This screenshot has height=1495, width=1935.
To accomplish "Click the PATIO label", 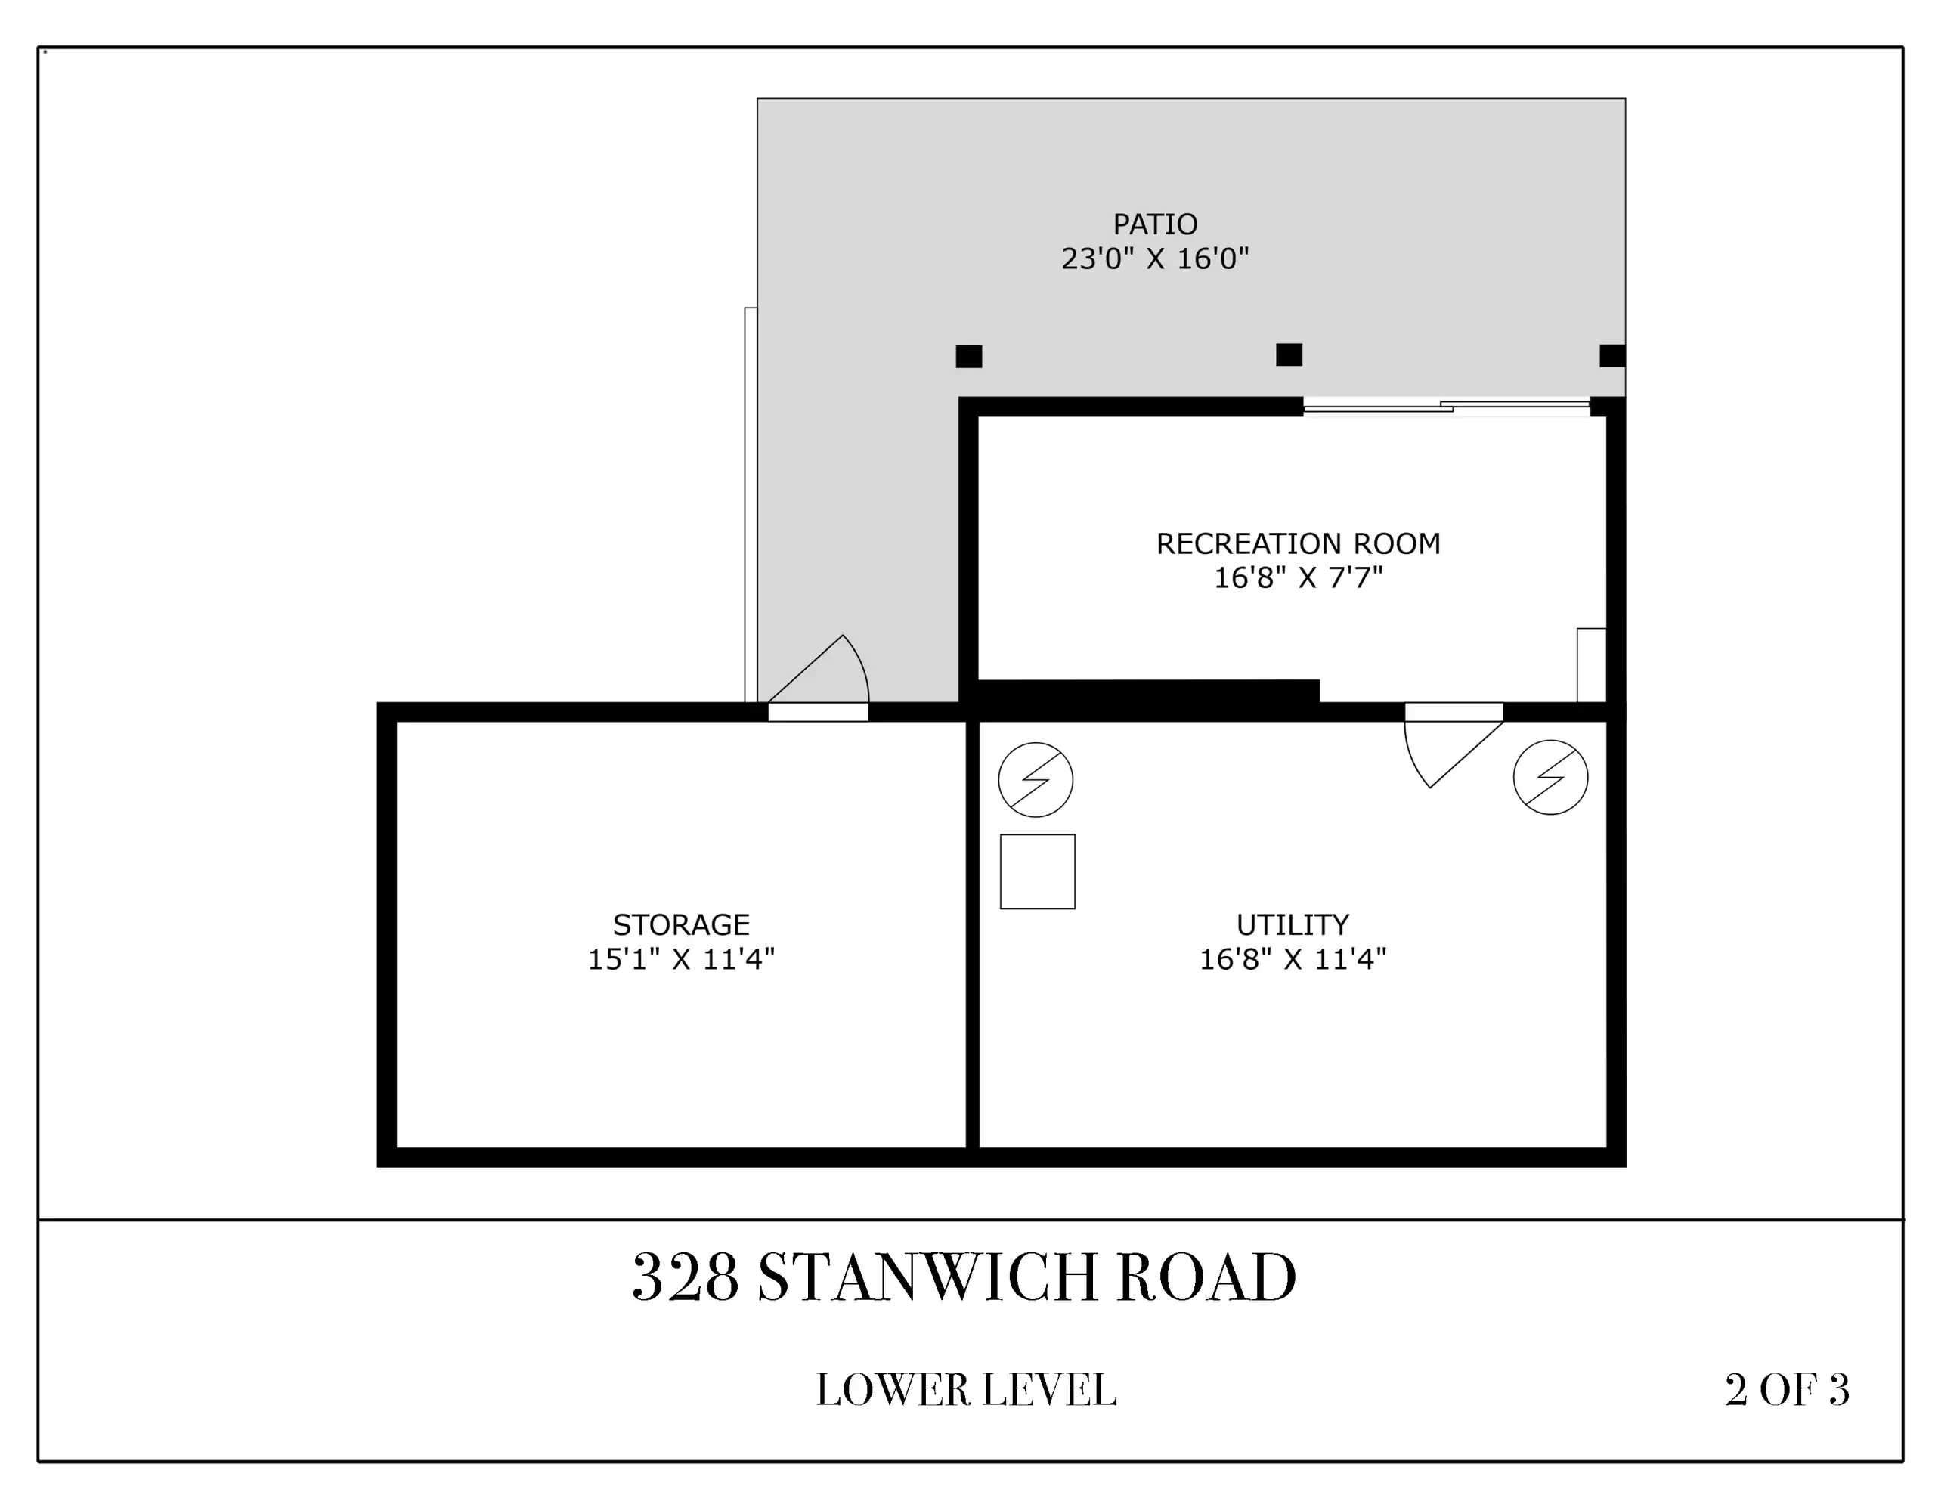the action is coord(1155,224).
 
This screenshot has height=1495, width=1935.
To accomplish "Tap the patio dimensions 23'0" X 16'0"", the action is coord(1155,258).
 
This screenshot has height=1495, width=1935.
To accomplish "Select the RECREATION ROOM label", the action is coord(1298,543).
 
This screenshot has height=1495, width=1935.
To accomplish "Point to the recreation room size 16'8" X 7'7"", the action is coord(1298,577).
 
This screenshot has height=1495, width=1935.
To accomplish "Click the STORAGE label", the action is coord(681,925).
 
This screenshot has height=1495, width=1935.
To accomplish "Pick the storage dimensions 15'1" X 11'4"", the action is coord(681,960).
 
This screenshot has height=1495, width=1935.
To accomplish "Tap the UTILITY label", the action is coord(1293,925).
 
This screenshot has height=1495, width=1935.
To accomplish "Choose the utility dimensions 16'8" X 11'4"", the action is coord(1293,960).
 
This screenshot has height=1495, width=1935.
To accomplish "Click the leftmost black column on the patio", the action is coord(968,356).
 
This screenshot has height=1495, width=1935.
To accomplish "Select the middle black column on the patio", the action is coord(1289,354).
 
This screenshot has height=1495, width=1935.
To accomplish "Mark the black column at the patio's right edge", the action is coord(1612,355).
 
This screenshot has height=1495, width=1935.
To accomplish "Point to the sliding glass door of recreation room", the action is coord(1447,407).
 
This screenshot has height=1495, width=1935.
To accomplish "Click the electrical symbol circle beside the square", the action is coord(1036,780).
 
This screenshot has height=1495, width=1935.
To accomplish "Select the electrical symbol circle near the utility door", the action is coord(1550,778).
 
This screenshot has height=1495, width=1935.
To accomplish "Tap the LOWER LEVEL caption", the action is coord(966,1389).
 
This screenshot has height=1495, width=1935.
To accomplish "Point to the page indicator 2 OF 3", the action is coord(1787,1389).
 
